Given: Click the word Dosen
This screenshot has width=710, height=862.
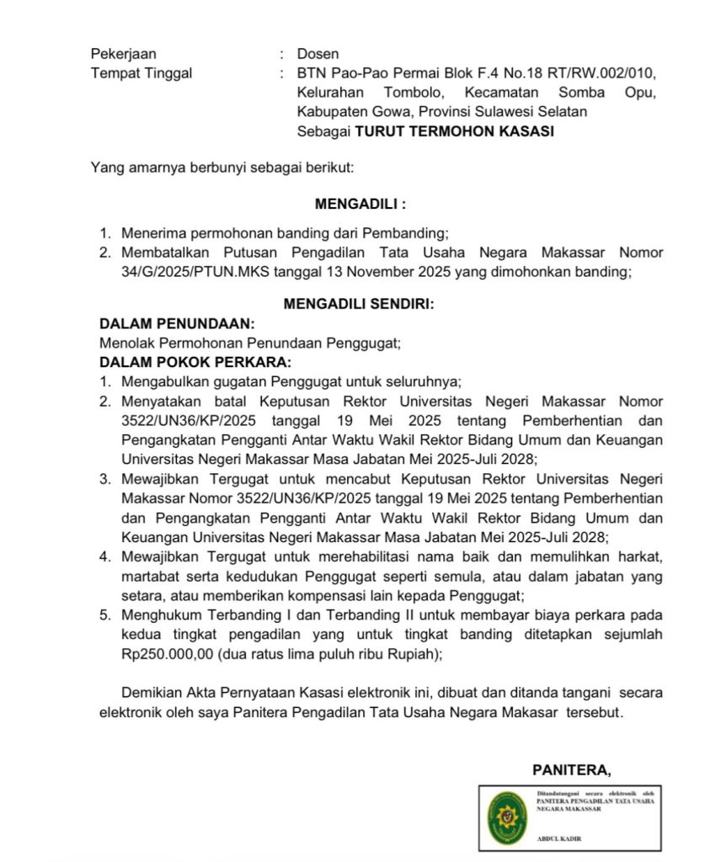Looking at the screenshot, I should tap(318, 55).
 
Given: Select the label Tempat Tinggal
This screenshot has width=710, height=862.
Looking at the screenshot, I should tap(141, 73).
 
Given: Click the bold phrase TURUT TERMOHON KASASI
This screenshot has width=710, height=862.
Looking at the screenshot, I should tap(454, 131).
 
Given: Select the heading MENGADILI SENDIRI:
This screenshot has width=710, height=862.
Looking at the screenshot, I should tap(359, 305).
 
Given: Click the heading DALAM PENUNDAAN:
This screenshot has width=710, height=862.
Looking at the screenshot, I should tap(177, 324).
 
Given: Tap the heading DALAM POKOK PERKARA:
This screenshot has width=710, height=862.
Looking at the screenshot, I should tap(195, 362).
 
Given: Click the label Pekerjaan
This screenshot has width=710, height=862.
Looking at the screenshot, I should tap(123, 55).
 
